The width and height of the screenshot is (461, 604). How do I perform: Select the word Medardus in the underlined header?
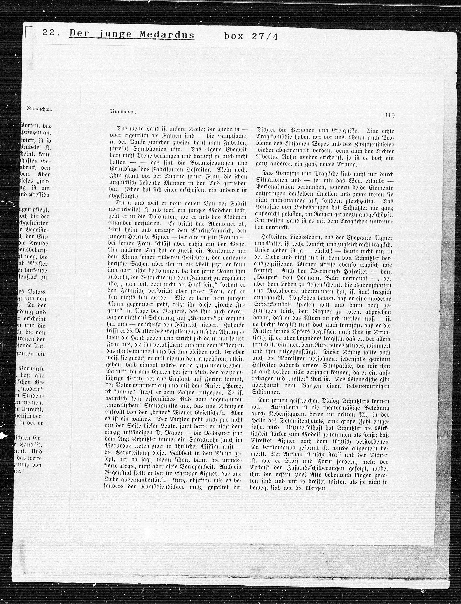(167, 35)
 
